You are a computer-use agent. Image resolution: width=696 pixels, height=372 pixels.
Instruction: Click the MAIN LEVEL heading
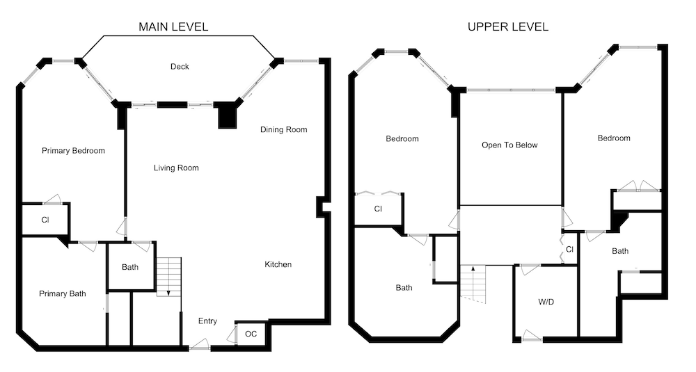173,26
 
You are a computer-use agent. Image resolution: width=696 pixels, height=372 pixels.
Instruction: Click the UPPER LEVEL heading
508,26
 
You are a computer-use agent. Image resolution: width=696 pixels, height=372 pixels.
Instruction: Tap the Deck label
180,67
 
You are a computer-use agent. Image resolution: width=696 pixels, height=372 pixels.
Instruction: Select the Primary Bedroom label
73,151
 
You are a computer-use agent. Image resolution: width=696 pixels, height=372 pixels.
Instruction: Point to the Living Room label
176,168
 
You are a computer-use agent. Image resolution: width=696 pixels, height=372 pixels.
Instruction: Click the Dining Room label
284,129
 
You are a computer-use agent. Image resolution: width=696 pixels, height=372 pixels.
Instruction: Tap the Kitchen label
278,264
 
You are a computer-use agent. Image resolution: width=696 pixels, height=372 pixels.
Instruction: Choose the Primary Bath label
63,293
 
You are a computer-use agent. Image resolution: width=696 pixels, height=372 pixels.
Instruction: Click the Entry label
207,321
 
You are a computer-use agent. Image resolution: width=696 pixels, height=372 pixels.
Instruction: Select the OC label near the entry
251,334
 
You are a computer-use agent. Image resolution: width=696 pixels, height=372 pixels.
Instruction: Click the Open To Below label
509,145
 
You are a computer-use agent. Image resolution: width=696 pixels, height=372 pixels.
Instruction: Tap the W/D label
546,302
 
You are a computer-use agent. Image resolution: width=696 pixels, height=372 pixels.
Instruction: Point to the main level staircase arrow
169,292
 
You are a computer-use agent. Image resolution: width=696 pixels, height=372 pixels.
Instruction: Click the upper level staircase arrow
473,268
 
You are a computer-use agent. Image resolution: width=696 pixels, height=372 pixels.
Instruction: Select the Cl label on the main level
45,220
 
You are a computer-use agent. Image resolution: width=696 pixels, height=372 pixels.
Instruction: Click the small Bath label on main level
130,267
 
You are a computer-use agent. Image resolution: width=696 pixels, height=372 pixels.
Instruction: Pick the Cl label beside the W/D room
570,249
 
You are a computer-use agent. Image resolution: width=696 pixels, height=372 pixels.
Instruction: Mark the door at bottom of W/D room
531,337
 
